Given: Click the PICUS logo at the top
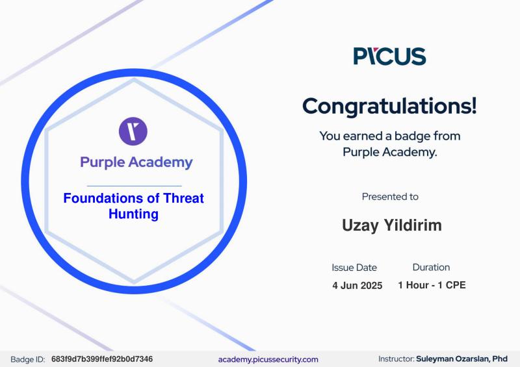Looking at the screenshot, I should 390,56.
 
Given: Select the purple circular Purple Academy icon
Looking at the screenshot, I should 133,131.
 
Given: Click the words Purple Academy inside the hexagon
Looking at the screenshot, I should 136,162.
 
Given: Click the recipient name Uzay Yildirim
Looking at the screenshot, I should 391,225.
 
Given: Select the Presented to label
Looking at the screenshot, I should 390,196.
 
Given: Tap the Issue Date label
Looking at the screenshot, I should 354,267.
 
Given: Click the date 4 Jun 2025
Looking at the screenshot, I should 357,285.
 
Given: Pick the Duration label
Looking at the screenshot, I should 431,267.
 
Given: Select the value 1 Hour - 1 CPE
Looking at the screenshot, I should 432,285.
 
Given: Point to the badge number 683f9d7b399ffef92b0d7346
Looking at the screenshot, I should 102,359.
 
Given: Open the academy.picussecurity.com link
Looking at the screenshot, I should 268,359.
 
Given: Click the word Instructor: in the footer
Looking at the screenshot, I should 396,359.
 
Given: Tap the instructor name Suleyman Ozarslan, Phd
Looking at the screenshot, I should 462,359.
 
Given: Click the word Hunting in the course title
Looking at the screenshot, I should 133,214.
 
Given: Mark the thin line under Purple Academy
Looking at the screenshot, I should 134,186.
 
